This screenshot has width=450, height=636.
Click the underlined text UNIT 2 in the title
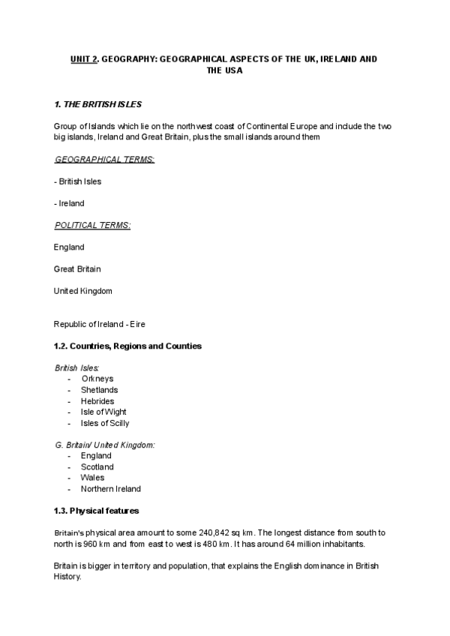pyautogui.click(x=84, y=58)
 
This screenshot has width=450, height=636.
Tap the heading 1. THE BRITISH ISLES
pyautogui.click(x=97, y=103)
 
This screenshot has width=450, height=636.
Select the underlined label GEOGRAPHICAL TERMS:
pyautogui.click(x=104, y=160)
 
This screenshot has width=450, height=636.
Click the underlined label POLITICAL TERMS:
pyautogui.click(x=92, y=225)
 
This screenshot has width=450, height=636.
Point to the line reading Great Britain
pyautogui.click(x=77, y=268)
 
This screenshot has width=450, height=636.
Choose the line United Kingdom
pyautogui.click(x=83, y=290)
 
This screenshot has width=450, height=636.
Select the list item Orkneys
pyautogui.click(x=97, y=379)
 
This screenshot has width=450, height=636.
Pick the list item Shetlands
pyautogui.click(x=100, y=390)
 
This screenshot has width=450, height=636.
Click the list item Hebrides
pyautogui.click(x=97, y=401)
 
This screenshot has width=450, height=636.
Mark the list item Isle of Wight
pyautogui.click(x=103, y=412)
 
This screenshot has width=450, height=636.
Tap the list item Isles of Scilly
pyautogui.click(x=105, y=423)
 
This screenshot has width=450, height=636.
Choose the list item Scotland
pyautogui.click(x=97, y=466)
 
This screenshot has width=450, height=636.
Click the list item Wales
pyautogui.click(x=93, y=477)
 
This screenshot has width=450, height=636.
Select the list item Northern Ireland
pyautogui.click(x=111, y=488)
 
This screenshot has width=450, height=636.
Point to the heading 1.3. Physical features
pyautogui.click(x=97, y=511)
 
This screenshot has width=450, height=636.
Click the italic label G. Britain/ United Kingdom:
pyautogui.click(x=105, y=445)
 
